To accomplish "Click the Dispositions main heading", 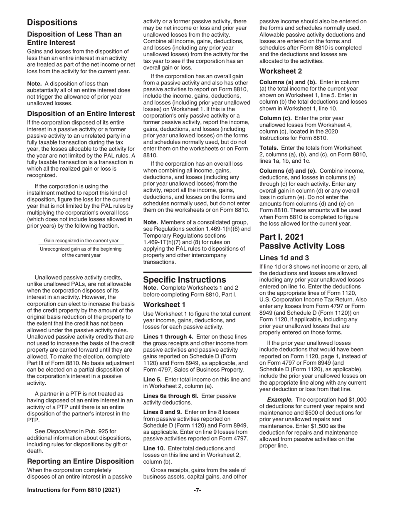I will coord(52,22).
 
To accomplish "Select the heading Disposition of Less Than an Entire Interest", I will coord(74,38).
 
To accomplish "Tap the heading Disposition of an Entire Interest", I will coord(81,114).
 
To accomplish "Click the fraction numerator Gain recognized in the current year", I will coord(81,241).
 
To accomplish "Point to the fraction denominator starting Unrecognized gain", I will coord(81,252).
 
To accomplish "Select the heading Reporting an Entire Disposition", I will coord(80,461).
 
